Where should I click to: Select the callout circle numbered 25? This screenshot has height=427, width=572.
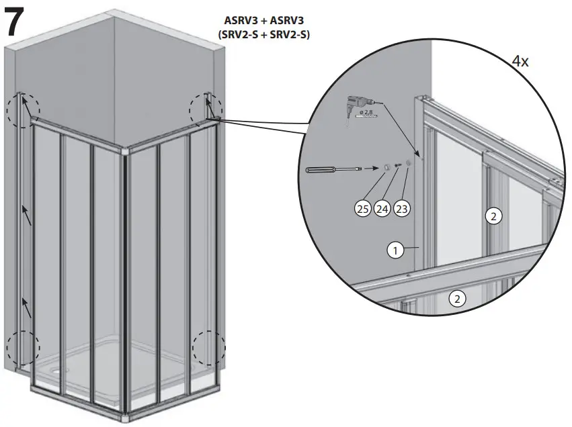[363, 208]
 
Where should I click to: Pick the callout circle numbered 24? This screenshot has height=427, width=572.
[382, 208]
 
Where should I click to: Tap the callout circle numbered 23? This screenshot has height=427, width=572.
[402, 208]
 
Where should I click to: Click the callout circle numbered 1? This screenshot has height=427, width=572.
[396, 250]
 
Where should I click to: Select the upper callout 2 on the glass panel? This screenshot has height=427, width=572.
[493, 216]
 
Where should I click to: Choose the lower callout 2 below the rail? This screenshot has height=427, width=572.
[457, 299]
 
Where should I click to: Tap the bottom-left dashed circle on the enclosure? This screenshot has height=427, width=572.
[24, 348]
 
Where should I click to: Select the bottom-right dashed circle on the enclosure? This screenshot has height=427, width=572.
[209, 348]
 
